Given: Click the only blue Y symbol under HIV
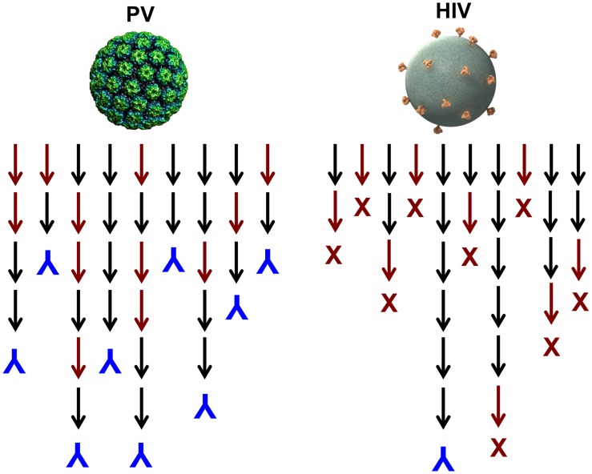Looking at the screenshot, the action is pos(442,458).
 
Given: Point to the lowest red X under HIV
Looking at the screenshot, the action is pos(498,444).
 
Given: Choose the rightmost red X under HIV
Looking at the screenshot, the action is pos(580,301).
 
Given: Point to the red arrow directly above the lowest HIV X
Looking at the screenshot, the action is pos(498,405).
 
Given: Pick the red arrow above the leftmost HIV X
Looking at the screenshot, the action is pos(335,211).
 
